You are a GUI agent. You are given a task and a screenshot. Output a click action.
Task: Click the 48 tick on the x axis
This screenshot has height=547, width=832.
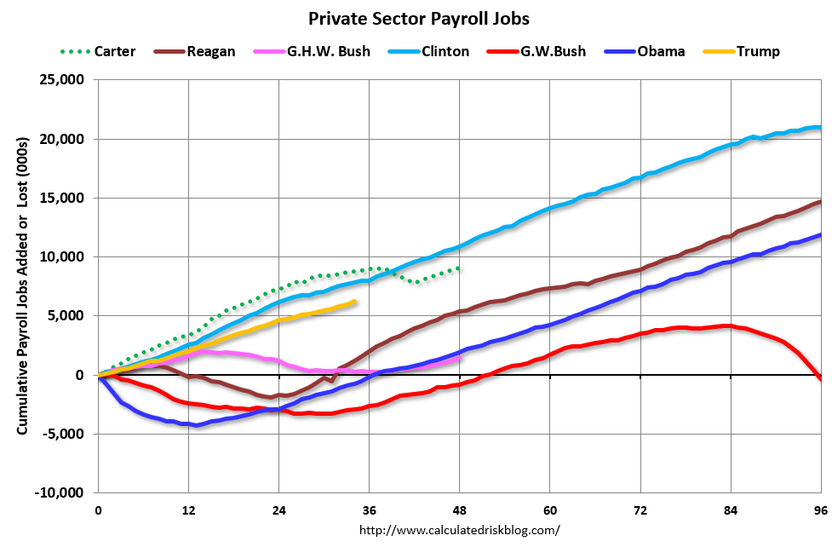coord(460,510)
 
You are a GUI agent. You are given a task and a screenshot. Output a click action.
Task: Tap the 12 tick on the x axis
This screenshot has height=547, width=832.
coord(189,510)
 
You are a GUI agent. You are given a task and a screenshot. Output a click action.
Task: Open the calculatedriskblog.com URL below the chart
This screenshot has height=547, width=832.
coord(460,530)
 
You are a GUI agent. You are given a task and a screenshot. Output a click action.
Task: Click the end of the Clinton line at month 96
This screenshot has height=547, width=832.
coord(820,128)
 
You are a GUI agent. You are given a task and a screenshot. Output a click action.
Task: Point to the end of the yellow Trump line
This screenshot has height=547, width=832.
coord(354,302)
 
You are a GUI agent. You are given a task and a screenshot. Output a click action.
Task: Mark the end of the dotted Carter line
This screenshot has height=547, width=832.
coord(460,268)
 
